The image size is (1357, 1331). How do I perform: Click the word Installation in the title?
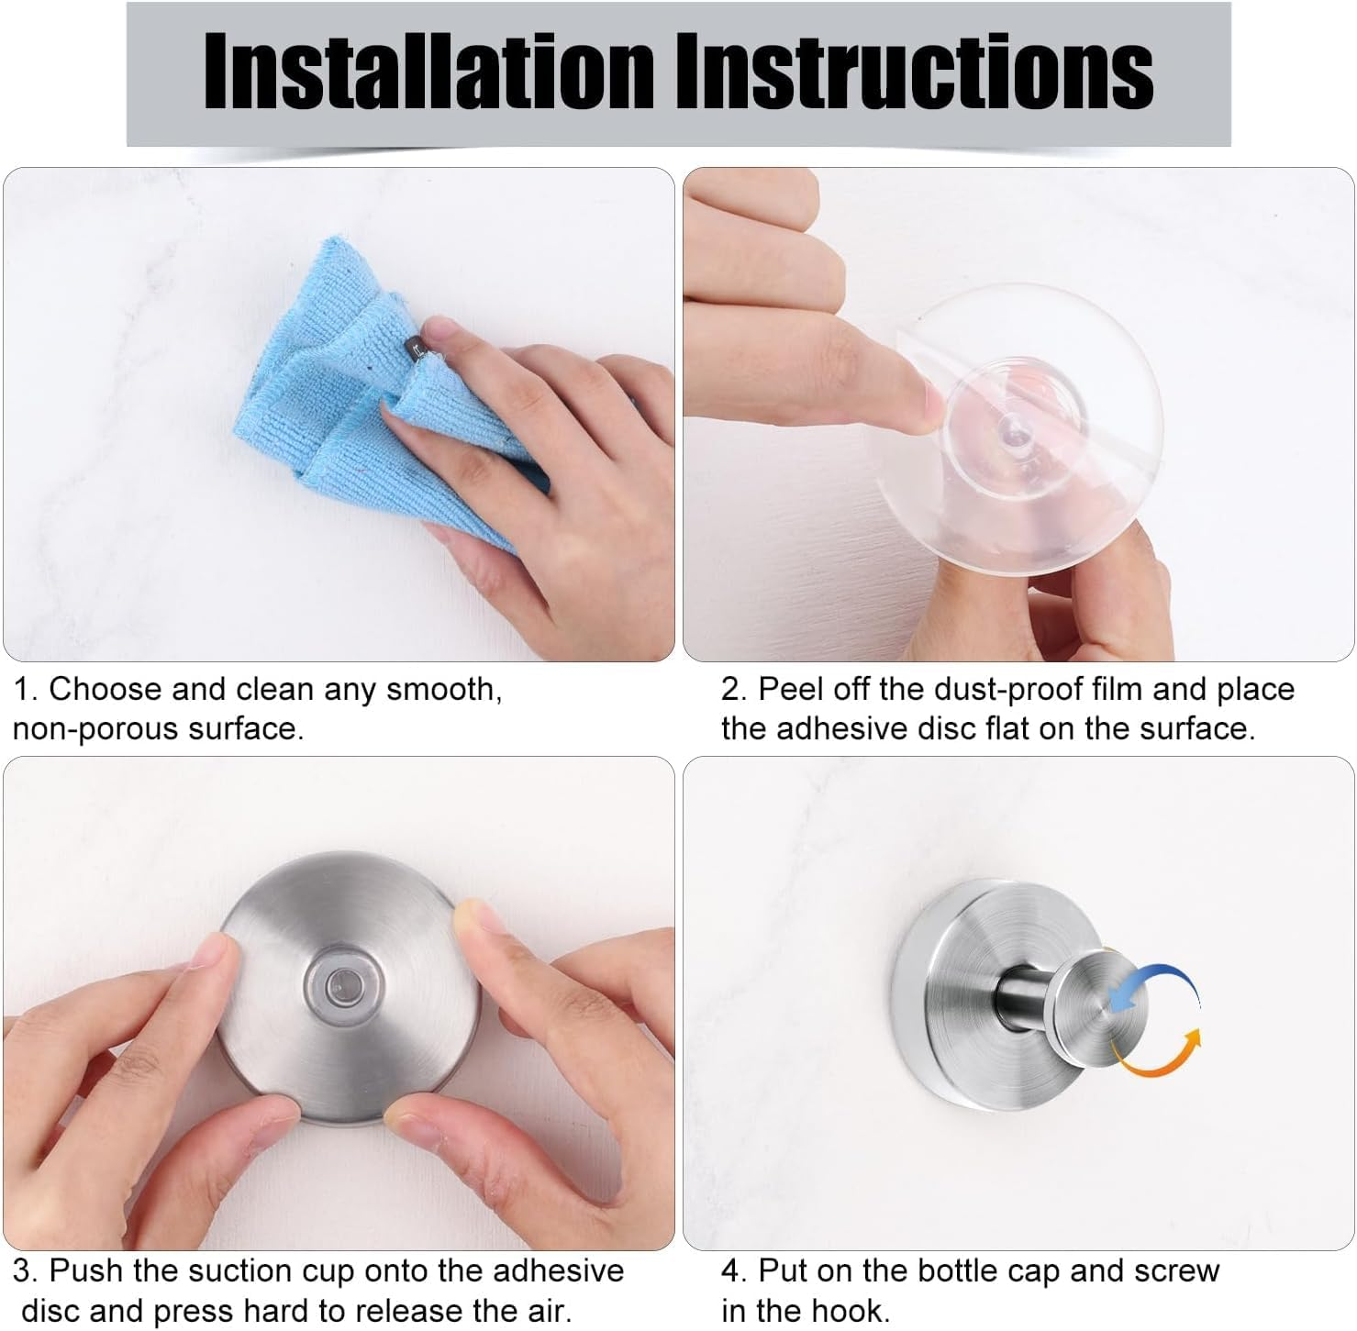428,72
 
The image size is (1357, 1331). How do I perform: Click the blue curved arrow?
1158,986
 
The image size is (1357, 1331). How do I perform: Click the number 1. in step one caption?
25,689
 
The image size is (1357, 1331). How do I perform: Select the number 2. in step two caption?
734,689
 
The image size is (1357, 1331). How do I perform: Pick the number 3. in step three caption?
25,1271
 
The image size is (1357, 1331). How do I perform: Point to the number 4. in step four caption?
734,1271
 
